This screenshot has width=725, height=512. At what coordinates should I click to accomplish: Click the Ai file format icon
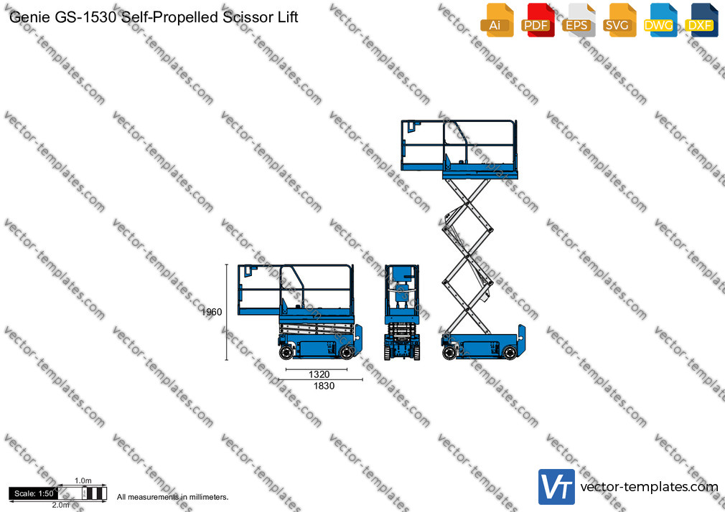coord(497,20)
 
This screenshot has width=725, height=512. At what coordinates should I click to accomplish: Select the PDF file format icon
coord(538,20)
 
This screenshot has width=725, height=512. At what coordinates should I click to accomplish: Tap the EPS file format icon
coord(579,20)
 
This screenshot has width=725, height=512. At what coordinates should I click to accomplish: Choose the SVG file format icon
coord(619,20)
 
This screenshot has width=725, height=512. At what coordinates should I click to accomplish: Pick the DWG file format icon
coord(660,20)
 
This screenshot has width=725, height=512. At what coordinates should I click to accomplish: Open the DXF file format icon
coord(701,20)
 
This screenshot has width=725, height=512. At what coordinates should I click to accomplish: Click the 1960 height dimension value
coord(212,312)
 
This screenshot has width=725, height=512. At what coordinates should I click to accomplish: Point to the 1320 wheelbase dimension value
coord(319,374)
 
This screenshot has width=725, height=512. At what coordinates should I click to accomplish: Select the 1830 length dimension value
coord(324,386)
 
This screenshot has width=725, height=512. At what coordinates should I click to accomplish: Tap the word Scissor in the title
coord(245,17)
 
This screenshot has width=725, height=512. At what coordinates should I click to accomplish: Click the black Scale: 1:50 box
coord(33,493)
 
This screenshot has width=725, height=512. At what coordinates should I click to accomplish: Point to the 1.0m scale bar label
coord(83,480)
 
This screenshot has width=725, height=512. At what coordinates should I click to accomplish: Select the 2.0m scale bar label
coord(60,505)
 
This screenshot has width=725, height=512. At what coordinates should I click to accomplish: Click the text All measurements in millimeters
coord(172,497)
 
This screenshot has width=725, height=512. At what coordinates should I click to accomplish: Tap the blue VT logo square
coord(557,487)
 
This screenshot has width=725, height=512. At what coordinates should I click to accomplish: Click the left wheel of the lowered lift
coord(286,352)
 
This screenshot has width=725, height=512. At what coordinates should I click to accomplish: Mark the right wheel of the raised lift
coord(510,353)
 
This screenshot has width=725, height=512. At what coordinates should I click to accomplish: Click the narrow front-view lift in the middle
coord(402,313)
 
